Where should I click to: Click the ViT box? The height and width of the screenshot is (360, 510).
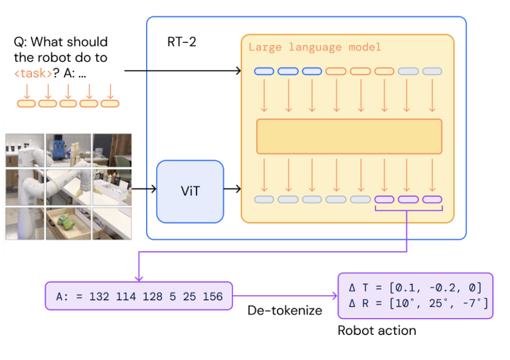tap(190, 192)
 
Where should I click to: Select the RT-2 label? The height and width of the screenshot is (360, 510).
tap(181, 42)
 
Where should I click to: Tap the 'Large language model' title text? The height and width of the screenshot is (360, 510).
tap(315, 47)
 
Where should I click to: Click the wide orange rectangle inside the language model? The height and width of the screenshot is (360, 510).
tap(349, 136)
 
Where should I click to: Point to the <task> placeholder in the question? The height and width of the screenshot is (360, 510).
tap(33, 73)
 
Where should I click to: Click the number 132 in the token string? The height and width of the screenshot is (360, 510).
tap(99, 297)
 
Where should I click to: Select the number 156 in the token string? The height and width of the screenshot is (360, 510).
tap(212, 297)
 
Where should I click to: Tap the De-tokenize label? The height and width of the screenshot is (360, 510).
tap(284, 310)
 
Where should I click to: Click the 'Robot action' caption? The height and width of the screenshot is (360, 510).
tap(376, 330)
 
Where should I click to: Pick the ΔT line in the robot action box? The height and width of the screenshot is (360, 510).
tap(415, 287)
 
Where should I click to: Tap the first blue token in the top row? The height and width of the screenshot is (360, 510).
tap(264, 71)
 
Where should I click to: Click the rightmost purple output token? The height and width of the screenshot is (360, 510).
tap(432, 199)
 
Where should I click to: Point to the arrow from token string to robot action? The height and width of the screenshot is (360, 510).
tap(285, 297)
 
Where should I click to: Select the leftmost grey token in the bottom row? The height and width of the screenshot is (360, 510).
tap(264, 199)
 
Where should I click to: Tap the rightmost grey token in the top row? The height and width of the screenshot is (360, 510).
tap(432, 71)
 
